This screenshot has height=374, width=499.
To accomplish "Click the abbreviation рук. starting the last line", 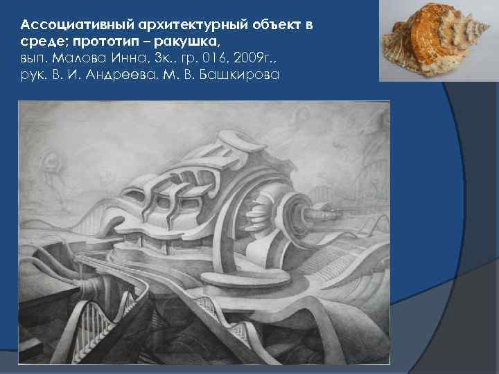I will [32, 75].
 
